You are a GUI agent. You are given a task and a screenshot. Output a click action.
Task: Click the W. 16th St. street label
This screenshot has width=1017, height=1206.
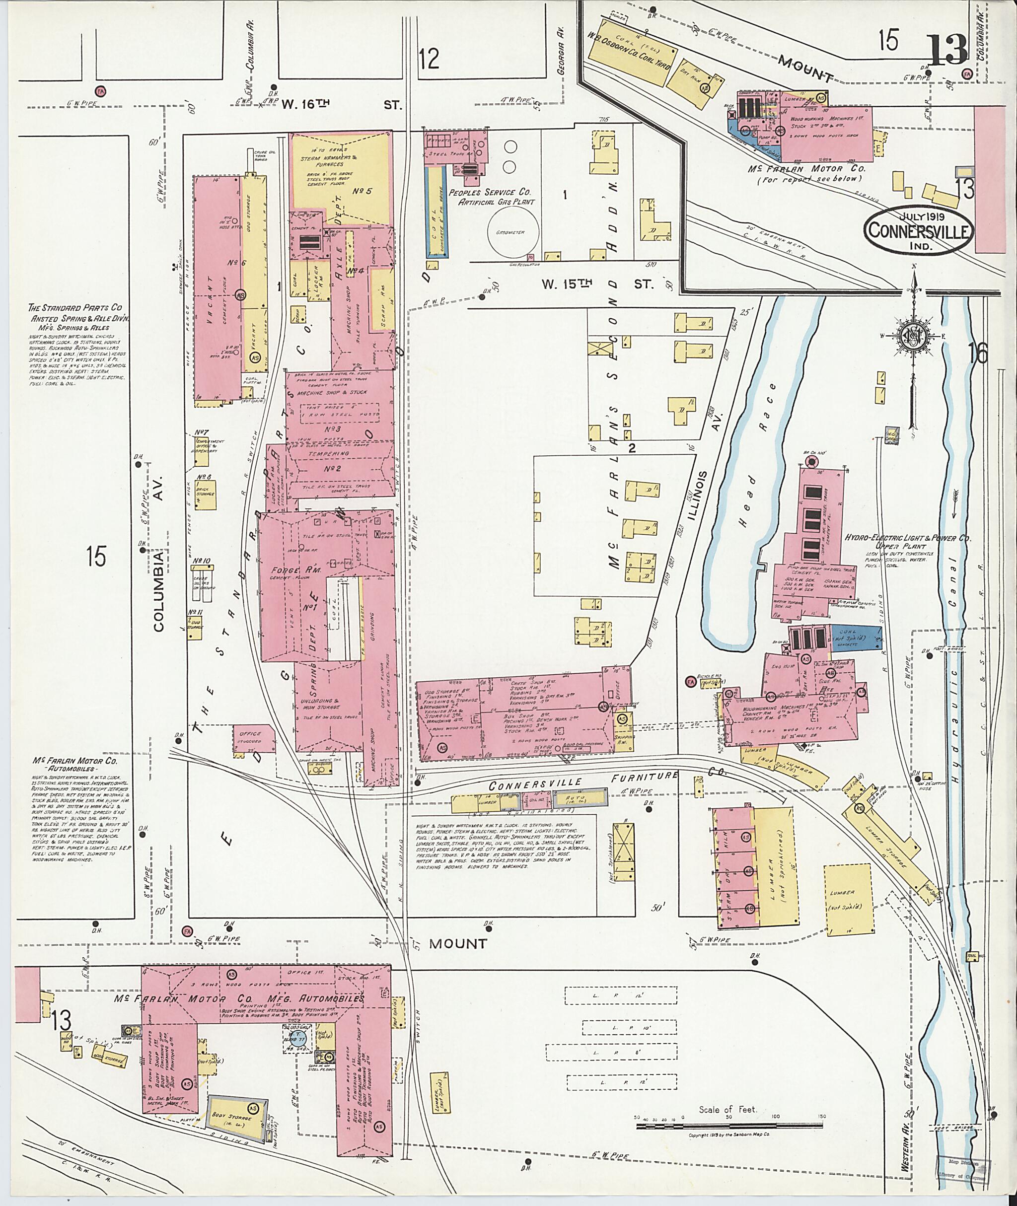coord(340,104)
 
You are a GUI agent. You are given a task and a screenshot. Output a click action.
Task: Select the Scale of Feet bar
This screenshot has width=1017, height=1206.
coord(729,1124)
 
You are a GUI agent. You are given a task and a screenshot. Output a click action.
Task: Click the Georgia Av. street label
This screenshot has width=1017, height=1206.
coord(559,52)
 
